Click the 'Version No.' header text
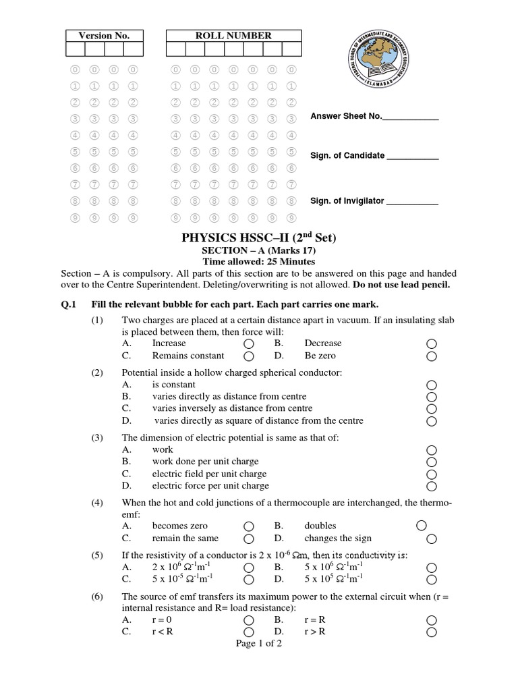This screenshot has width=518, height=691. [104, 36]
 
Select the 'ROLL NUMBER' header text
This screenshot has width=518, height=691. [233, 36]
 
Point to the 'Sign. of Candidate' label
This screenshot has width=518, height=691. [347, 155]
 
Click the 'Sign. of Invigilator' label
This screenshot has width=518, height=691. [347, 200]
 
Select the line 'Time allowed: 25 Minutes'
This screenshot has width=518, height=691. [259, 262]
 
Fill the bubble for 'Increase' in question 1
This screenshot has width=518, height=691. [249, 344]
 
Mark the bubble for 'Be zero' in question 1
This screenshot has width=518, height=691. [432, 356]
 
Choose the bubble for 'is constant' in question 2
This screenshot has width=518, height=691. [432, 385]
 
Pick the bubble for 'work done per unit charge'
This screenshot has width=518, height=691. [432, 462]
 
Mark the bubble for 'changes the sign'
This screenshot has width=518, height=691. [432, 539]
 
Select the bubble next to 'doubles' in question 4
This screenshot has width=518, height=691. [422, 526]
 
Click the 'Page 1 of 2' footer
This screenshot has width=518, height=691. [259, 644]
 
